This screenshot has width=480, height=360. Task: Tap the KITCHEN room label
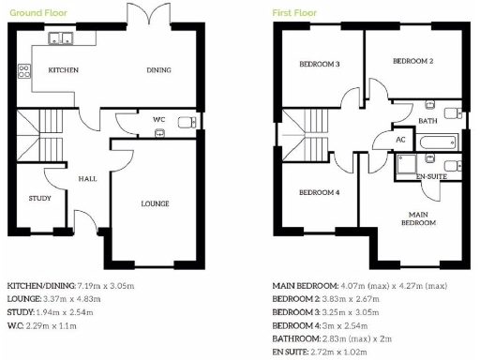[x=64, y=70]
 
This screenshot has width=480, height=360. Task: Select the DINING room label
[x=158, y=70]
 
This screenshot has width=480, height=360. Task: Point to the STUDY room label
[x=39, y=198]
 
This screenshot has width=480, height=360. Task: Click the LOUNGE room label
[x=155, y=202]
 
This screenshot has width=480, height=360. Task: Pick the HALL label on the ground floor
[x=87, y=178]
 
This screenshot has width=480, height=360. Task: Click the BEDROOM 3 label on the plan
[x=319, y=64]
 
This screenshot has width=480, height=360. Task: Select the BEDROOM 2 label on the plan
[x=412, y=61]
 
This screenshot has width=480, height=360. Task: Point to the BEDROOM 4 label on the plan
[x=319, y=192]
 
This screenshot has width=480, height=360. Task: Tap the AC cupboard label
[x=400, y=140]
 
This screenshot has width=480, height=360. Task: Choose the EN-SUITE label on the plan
[x=431, y=175]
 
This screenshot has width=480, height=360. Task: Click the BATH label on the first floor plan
[x=428, y=121]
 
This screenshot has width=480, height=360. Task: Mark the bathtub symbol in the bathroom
[x=438, y=143]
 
